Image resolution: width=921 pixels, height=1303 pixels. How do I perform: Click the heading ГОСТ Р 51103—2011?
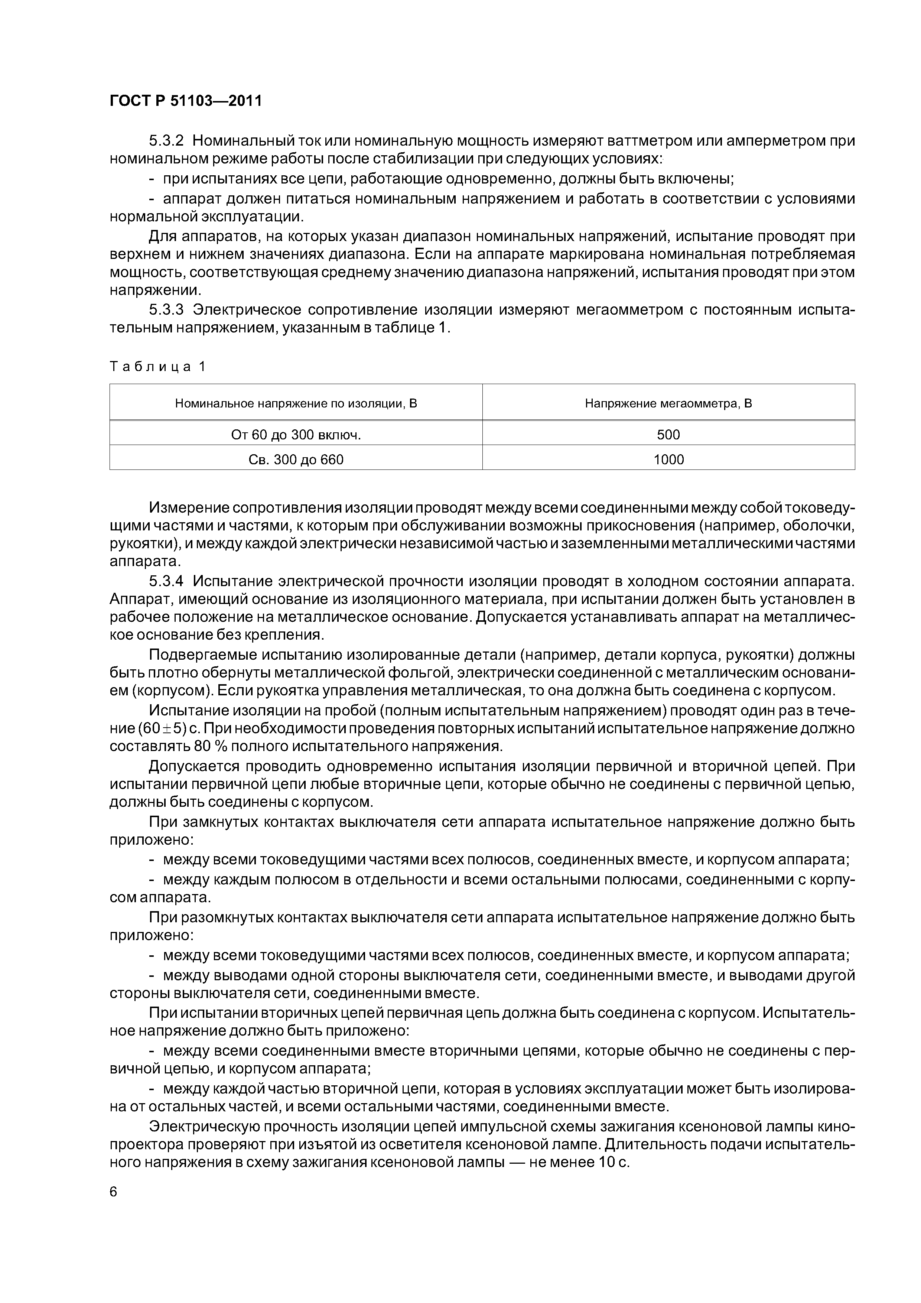186,101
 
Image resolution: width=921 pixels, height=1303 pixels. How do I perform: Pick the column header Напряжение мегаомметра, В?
668,403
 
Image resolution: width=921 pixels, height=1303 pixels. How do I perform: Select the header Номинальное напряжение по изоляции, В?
296,403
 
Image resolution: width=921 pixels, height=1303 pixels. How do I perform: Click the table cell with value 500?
668,435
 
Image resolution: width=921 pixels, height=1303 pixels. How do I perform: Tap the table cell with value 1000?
668,460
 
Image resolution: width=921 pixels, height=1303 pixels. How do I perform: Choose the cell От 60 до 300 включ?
296,435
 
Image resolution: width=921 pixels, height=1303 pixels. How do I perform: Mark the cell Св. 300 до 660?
296,460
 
